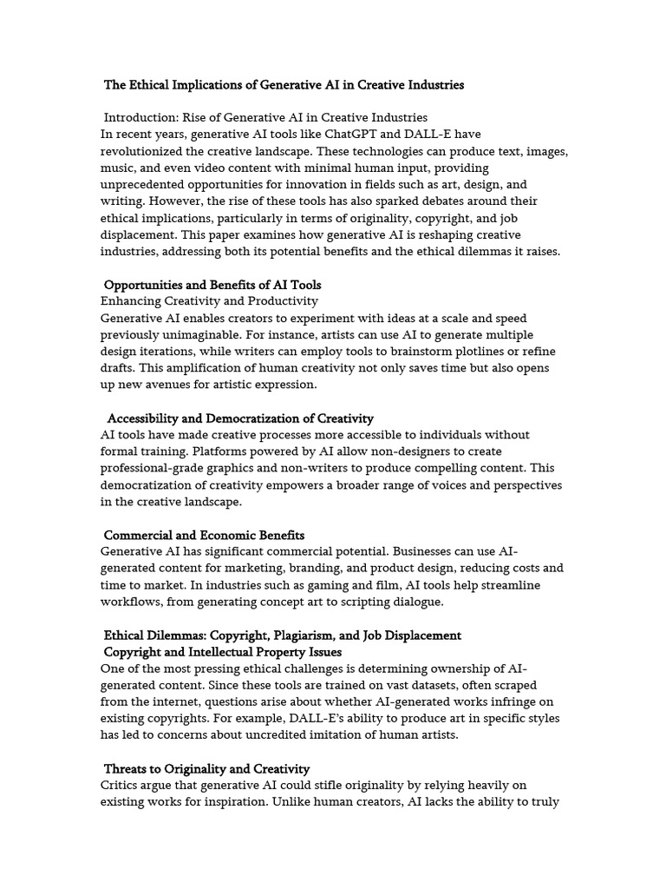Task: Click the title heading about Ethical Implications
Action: (x=284, y=85)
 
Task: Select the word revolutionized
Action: (x=145, y=151)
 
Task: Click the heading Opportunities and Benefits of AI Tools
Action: (x=212, y=285)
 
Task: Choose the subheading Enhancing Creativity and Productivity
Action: (x=209, y=301)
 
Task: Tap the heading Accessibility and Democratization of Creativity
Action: (x=240, y=418)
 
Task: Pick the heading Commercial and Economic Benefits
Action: (x=204, y=535)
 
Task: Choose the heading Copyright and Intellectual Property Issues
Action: (x=223, y=652)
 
